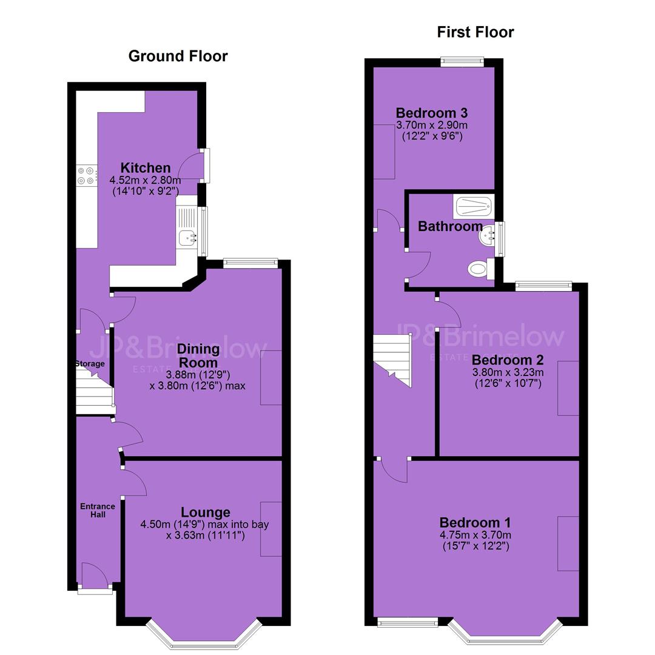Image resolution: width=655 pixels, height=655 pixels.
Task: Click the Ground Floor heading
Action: coord(178,56)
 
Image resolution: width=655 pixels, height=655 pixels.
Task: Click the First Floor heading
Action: coord(475,32)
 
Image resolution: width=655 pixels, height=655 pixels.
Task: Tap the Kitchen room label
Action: coord(146,168)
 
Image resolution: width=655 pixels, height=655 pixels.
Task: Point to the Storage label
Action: coord(90,363)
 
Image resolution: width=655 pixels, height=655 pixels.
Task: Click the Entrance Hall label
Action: coord(98,511)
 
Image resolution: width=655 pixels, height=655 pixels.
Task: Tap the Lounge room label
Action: coord(206,512)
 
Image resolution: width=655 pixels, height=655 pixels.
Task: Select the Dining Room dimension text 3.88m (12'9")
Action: coord(198,375)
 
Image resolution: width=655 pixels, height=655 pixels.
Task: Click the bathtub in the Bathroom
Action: coord(474,206)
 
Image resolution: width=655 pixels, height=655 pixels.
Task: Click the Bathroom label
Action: coord(450,226)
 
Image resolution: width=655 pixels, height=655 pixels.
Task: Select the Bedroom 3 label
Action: coord(432,113)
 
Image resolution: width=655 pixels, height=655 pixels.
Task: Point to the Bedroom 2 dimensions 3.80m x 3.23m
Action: coord(508,372)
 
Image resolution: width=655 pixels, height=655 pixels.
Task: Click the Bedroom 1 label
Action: coord(475,523)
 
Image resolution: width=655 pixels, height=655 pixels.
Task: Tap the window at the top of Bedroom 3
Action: coord(462,62)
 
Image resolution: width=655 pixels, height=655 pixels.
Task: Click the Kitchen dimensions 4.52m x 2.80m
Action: coord(145,181)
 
